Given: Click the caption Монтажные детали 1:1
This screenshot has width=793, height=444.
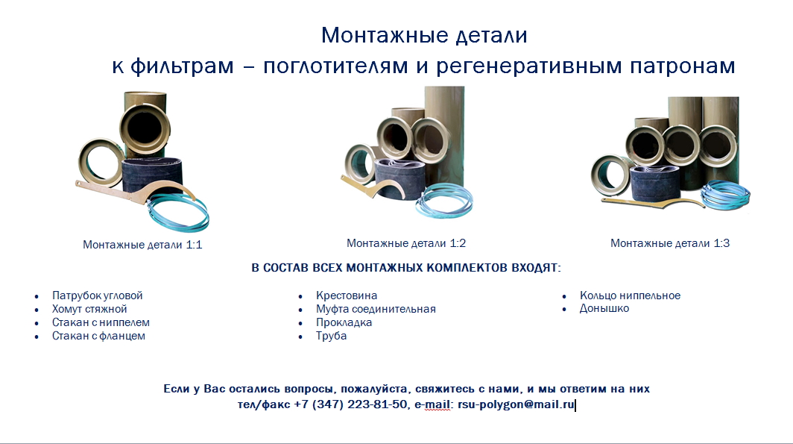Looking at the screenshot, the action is click(142, 245).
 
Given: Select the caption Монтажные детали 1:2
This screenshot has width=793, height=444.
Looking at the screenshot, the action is click(406, 243).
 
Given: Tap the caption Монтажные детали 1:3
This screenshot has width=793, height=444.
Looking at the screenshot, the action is click(670, 243).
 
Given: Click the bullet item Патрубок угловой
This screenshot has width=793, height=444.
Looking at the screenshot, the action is click(97, 296).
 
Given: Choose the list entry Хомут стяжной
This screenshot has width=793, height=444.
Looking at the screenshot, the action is click(89, 309).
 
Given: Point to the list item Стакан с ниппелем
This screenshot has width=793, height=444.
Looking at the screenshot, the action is click(101, 322).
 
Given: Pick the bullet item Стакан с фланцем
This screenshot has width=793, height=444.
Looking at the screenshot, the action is click(98, 336).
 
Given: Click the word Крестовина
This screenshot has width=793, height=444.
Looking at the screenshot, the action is click(347, 296).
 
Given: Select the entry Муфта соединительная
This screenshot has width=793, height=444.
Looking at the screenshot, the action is click(376, 309).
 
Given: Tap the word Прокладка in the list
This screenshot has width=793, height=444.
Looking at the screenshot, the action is click(344, 322).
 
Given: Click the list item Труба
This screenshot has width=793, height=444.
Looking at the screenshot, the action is click(331, 336).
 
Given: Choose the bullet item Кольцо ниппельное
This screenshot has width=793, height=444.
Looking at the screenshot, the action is click(631, 296).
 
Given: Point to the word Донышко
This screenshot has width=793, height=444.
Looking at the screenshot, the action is click(604, 308).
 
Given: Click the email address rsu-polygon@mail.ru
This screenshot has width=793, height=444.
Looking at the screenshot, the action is click(516, 404).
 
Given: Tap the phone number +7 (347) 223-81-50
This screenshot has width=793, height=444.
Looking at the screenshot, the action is click(350, 404).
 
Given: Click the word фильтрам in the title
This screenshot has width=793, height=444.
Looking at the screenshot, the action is click(182, 66).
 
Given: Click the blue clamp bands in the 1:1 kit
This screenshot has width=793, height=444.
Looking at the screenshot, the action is click(179, 213).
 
